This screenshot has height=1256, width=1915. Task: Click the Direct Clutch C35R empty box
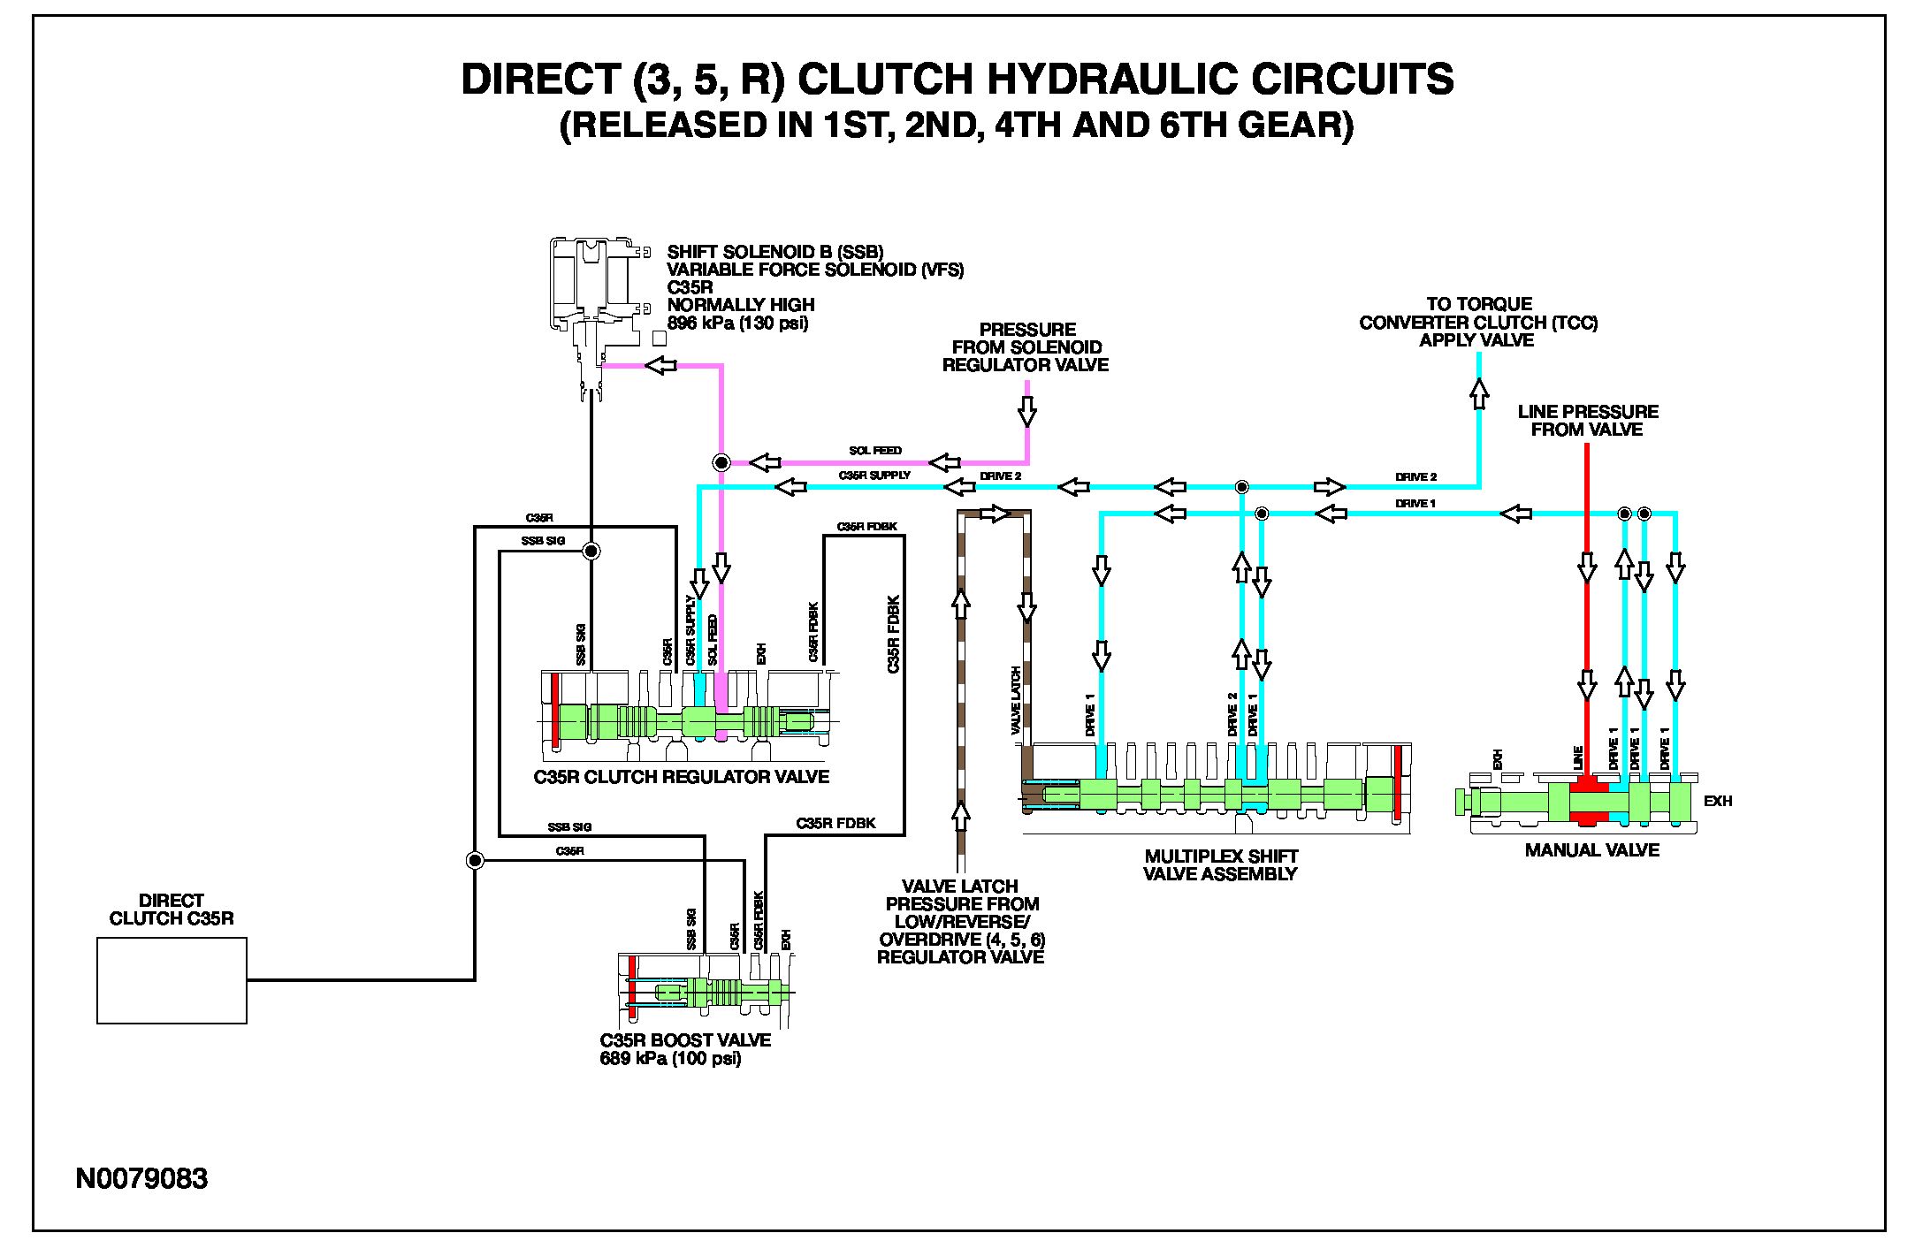(x=172, y=980)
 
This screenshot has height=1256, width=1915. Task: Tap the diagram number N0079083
(x=141, y=1178)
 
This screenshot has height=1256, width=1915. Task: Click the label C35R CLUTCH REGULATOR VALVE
(x=682, y=777)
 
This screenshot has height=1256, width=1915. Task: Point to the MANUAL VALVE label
(x=1592, y=850)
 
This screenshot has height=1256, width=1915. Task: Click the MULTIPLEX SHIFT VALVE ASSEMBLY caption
(x=1221, y=865)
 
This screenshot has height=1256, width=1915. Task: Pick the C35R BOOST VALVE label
(x=685, y=1040)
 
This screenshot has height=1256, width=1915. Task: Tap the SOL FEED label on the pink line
(x=875, y=451)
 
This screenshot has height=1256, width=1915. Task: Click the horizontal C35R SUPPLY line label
(x=874, y=476)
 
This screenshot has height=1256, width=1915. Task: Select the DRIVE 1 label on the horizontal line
(x=1415, y=504)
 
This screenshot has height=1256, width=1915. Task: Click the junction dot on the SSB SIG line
(x=591, y=552)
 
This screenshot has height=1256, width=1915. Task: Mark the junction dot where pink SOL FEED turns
(x=721, y=462)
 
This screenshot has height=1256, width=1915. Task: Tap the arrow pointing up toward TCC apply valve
(x=1479, y=393)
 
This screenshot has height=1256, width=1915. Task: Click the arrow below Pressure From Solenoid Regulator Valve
(x=1027, y=411)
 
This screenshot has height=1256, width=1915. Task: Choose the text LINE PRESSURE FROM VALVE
(x=1588, y=421)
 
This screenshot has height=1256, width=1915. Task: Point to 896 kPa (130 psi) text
(x=737, y=323)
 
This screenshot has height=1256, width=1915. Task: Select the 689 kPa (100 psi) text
(x=670, y=1059)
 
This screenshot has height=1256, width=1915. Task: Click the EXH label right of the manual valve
(x=1718, y=802)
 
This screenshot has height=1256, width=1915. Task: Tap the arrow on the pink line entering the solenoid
(x=660, y=365)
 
